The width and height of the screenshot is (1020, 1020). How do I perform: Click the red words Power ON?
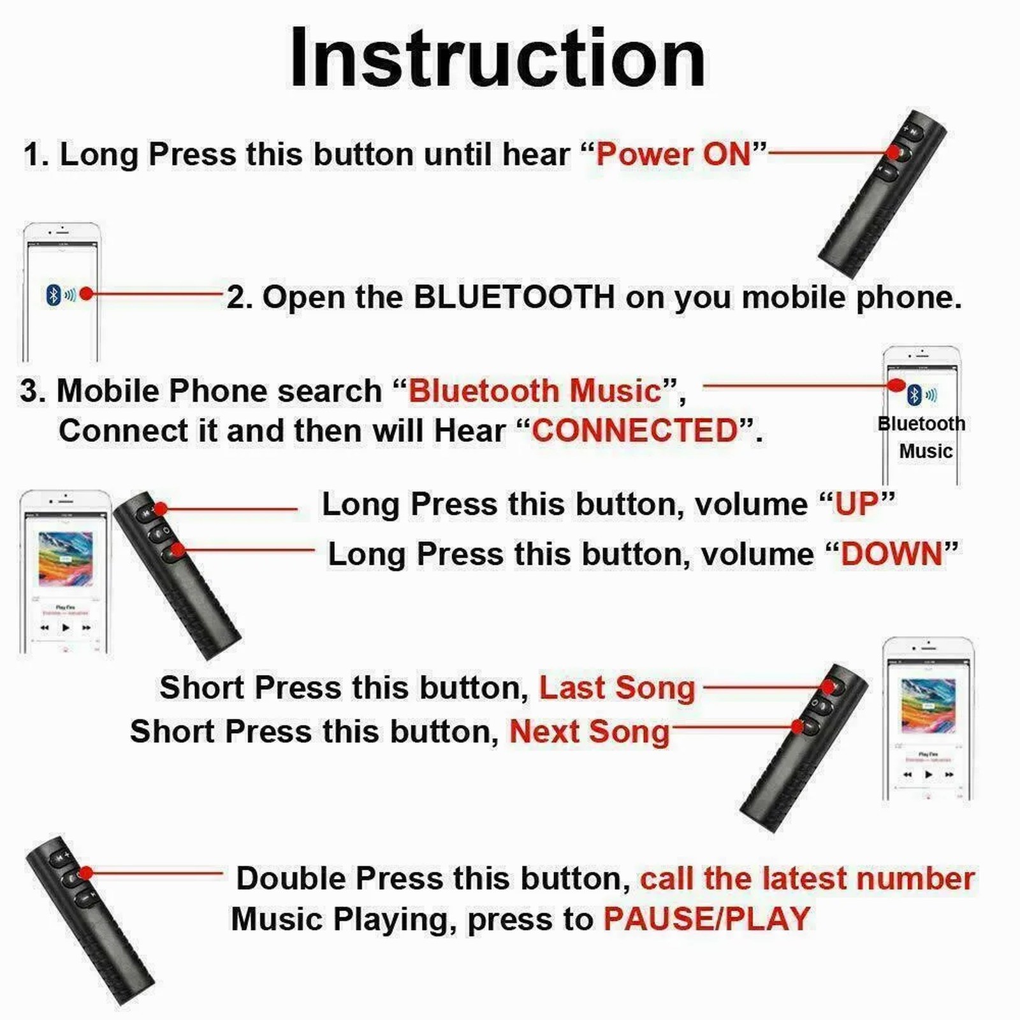click(x=673, y=154)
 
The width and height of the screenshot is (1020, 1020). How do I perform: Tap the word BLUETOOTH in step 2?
click(x=514, y=297)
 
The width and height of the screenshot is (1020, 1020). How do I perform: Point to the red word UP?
click(x=857, y=505)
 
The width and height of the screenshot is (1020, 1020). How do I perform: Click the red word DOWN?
click(x=891, y=554)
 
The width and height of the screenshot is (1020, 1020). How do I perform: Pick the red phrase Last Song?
click(x=617, y=688)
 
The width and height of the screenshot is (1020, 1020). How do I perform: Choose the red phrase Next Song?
click(x=589, y=731)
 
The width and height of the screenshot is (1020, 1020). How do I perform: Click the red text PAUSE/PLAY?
click(x=706, y=919)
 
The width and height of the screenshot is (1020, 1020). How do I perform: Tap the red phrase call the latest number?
click(x=807, y=878)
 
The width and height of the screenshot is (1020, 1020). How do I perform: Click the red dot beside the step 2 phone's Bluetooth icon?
click(x=87, y=293)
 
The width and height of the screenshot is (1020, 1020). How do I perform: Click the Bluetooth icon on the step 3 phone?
click(x=914, y=395)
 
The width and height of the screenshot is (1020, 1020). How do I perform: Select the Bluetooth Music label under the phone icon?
click(x=922, y=437)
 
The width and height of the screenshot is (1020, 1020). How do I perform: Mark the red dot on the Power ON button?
click(x=894, y=152)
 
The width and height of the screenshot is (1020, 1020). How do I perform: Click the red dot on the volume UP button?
click(x=161, y=509)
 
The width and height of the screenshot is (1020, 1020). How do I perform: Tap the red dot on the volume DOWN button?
click(x=178, y=549)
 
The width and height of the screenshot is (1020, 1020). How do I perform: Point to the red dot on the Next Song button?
click(x=797, y=726)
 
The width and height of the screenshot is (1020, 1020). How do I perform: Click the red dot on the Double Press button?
click(x=86, y=873)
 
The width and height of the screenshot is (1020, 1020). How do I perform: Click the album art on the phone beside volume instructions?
click(x=65, y=559)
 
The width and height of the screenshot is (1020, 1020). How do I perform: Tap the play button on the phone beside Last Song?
click(x=928, y=775)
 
